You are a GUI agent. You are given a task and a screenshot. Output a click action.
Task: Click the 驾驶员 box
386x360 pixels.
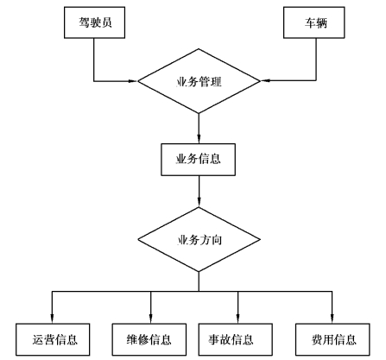(94, 22)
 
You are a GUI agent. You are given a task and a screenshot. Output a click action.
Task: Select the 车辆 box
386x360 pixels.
(314, 22)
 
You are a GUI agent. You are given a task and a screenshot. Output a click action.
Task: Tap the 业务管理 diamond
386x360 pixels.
(199, 81)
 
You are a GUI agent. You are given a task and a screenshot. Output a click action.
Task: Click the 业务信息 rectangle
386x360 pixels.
(198, 160)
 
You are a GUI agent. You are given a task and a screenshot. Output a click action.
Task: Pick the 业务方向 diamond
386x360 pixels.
(199, 239)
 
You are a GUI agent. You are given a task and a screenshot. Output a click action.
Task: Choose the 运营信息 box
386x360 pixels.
(53, 339)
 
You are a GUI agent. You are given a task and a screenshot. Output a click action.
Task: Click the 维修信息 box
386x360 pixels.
(149, 339)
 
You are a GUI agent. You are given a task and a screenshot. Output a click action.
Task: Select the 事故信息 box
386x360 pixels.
(236, 339)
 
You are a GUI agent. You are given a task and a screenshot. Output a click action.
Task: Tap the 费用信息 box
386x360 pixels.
(332, 339)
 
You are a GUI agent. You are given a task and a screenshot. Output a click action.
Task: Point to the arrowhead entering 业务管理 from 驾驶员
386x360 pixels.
(133, 81)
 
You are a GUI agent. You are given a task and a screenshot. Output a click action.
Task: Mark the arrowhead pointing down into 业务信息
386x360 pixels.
(199, 139)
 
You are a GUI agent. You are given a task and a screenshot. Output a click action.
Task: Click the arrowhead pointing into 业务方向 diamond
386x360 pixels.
(199, 202)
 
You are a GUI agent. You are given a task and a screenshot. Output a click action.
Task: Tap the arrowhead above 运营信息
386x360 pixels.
(52, 319)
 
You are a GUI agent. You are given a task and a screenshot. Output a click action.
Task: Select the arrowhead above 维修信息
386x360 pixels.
(150, 319)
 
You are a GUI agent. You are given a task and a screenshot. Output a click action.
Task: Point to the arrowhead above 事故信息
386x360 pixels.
(237, 319)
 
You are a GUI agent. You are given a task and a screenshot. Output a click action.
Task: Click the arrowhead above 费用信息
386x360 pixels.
(332, 319)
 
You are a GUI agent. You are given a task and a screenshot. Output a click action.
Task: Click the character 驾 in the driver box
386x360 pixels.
(84, 22)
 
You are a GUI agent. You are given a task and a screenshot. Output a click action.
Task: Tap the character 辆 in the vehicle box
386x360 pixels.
(321, 22)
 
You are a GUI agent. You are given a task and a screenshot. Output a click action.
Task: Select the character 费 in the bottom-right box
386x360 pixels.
(317, 340)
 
